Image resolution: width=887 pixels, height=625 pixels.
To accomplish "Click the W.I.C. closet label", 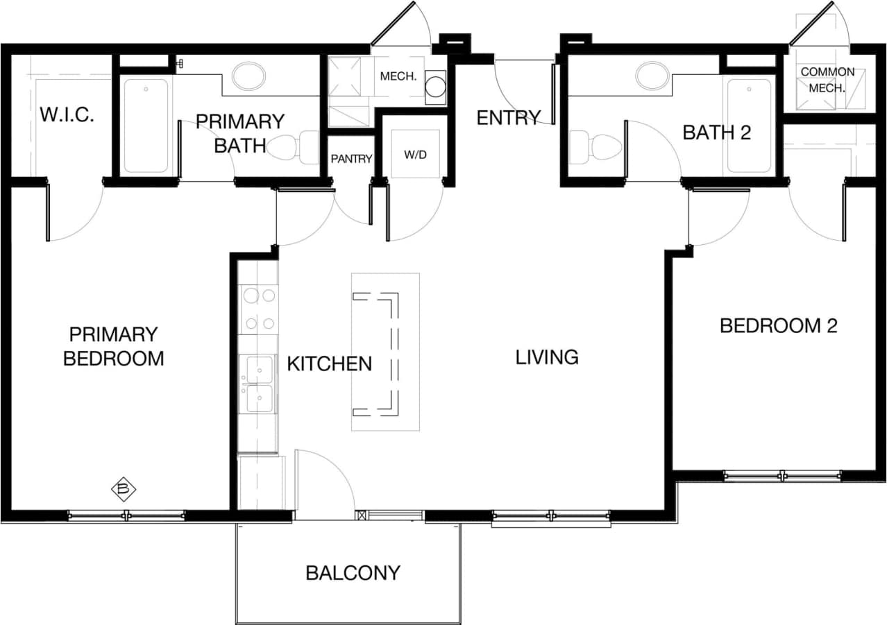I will [67, 114].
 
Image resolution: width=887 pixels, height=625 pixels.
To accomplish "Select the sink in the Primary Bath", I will [248, 76].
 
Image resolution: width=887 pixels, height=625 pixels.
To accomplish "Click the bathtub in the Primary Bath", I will [146, 126].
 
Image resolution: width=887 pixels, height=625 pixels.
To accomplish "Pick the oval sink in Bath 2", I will [652, 76].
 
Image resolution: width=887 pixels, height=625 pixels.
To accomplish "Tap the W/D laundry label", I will [415, 154].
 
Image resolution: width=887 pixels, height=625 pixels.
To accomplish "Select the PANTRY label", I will [351, 159].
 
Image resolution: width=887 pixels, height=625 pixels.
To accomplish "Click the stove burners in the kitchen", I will [260, 309].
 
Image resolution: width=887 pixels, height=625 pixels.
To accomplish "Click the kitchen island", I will [385, 352].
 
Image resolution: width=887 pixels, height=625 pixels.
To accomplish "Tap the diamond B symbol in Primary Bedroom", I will [124, 490].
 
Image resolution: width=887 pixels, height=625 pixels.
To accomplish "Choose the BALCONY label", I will [353, 573].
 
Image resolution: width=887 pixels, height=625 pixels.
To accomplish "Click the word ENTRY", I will [508, 118].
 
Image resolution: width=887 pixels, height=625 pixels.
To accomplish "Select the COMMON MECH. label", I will [827, 80].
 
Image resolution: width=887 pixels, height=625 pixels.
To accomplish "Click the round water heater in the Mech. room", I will [435, 87].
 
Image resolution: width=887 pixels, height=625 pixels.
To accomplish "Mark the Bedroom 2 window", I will [782, 476].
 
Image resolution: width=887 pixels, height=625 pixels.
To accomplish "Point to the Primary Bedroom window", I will [126, 515].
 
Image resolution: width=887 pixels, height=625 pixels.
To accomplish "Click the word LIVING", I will [547, 357].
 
